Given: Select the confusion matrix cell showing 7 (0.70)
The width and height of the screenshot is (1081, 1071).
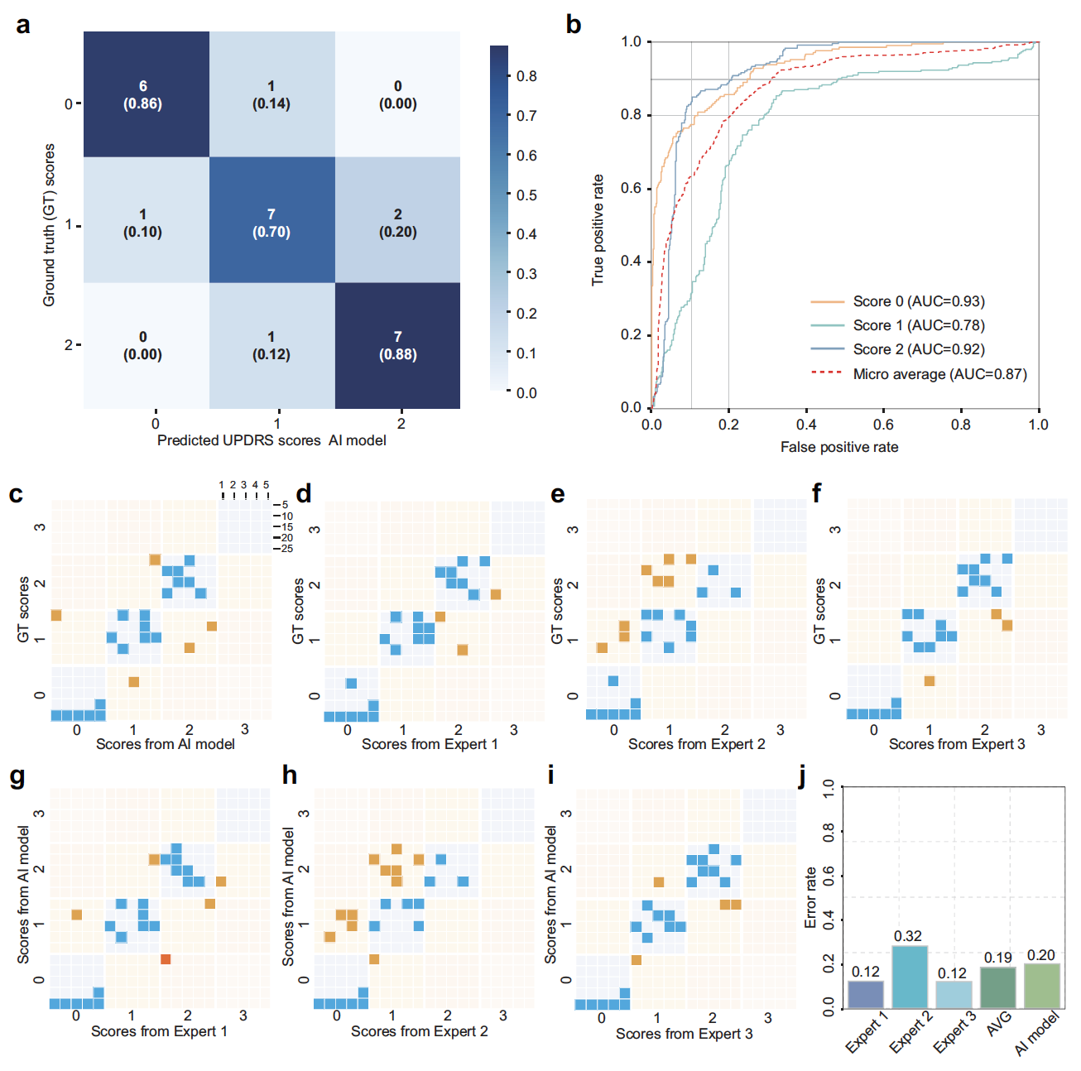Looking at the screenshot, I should (271, 222).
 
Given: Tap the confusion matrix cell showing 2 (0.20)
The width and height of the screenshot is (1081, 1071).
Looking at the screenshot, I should (397, 222).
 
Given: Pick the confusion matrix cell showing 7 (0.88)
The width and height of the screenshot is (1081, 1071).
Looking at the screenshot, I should (397, 345).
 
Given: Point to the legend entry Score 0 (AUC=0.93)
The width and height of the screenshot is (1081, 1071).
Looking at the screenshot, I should (919, 301).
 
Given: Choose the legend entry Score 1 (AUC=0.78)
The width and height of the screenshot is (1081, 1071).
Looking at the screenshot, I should (919, 325).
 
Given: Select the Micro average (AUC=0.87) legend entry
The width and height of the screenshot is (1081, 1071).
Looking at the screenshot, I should (939, 374).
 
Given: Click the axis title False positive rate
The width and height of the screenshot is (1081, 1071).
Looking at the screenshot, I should (839, 447).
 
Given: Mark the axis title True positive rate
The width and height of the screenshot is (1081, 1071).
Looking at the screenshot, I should (598, 230).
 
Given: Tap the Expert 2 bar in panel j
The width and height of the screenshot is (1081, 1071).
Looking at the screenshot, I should (910, 977).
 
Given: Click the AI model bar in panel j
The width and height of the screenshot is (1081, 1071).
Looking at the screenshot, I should (1041, 986).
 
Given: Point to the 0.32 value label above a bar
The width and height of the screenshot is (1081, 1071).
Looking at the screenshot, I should (908, 936).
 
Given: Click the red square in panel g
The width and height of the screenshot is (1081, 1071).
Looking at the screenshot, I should (166, 959).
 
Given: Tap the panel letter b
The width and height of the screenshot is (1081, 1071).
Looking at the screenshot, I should (573, 25).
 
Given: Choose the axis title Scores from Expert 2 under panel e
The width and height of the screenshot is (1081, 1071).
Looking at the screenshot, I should (696, 744).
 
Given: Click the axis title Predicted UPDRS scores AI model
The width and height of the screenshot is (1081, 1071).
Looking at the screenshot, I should (271, 440).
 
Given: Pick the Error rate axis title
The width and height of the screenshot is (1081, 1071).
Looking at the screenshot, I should (811, 897).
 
